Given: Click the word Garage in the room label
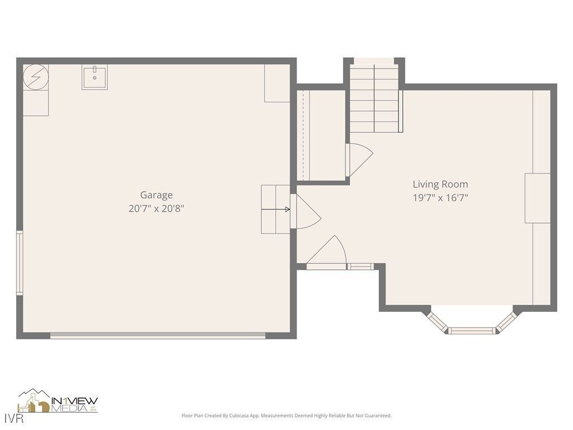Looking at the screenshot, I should click(156, 195).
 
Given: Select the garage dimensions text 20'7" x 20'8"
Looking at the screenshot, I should click(156, 208).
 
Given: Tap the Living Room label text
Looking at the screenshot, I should click(440, 184).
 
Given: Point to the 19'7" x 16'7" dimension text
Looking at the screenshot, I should click(440, 198).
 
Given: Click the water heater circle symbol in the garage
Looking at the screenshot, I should click(36, 77).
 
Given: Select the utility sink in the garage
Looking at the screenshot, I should click(95, 77).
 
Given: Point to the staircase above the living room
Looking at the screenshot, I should click(374, 98).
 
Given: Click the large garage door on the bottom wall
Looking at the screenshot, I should click(158, 335).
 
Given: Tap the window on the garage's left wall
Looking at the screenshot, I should click(19, 263).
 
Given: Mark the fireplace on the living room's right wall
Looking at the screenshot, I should click(537, 198).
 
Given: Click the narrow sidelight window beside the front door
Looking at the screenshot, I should click(360, 267).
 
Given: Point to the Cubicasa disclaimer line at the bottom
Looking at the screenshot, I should click(286, 415).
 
